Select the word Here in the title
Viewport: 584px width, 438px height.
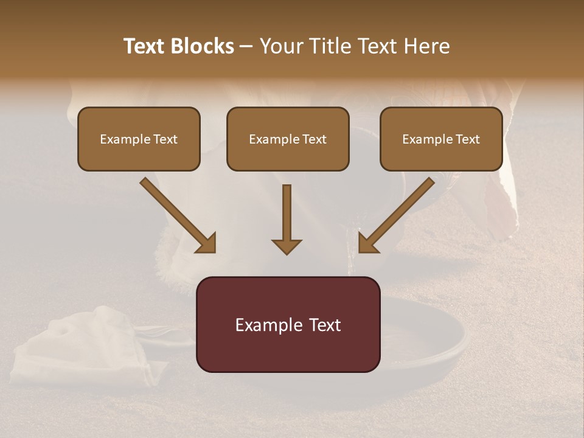coord(426,46)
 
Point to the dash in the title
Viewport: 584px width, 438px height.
coord(246,47)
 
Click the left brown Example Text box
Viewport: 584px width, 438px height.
coord(139,139)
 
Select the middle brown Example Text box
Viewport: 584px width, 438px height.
coord(288,139)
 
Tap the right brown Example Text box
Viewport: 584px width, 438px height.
coord(441,139)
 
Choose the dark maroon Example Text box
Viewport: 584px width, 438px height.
coord(288,324)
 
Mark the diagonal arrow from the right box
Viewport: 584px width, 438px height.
coord(396,215)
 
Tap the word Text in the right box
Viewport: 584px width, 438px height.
coord(467,139)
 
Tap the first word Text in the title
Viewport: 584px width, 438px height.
coord(147,46)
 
